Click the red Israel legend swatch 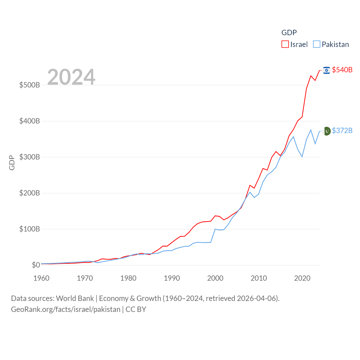(x=285, y=44)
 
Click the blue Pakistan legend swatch (x=317, y=44)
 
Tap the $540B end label (x=342, y=70)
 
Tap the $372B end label (x=342, y=130)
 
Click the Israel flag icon (x=327, y=70)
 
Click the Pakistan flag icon (x=327, y=131)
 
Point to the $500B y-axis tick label (x=30, y=85)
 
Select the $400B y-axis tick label (x=30, y=121)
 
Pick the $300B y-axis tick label (x=30, y=157)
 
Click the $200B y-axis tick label (x=30, y=193)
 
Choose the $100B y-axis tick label (x=30, y=229)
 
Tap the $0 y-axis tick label (x=36, y=265)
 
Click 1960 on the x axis (x=41, y=278)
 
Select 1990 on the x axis (x=172, y=278)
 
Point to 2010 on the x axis (x=259, y=278)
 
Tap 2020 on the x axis (x=302, y=278)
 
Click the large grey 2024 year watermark (x=71, y=77)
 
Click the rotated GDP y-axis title (x=12, y=163)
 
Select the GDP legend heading (x=289, y=33)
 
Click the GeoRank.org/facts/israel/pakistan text (x=66, y=309)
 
